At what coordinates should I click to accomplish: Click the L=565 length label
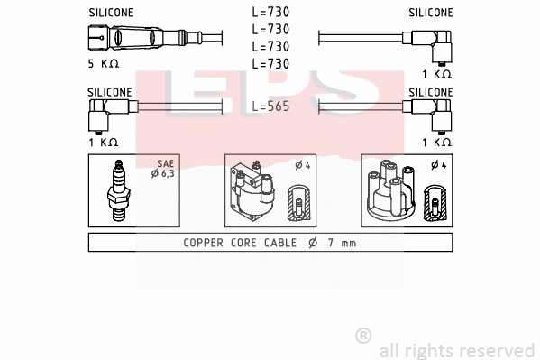click(270, 106)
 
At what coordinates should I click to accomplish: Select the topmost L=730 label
click(270, 13)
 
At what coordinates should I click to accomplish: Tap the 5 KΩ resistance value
click(104, 65)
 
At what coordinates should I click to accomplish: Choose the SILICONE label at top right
click(430, 13)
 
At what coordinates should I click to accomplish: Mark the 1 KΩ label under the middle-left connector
click(104, 142)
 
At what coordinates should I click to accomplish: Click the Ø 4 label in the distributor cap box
click(439, 164)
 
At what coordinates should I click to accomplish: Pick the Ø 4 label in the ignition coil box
click(302, 164)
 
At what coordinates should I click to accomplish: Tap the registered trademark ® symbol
click(363, 336)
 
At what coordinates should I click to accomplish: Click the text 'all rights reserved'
click(456, 350)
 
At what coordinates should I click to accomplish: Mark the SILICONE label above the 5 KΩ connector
click(111, 13)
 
